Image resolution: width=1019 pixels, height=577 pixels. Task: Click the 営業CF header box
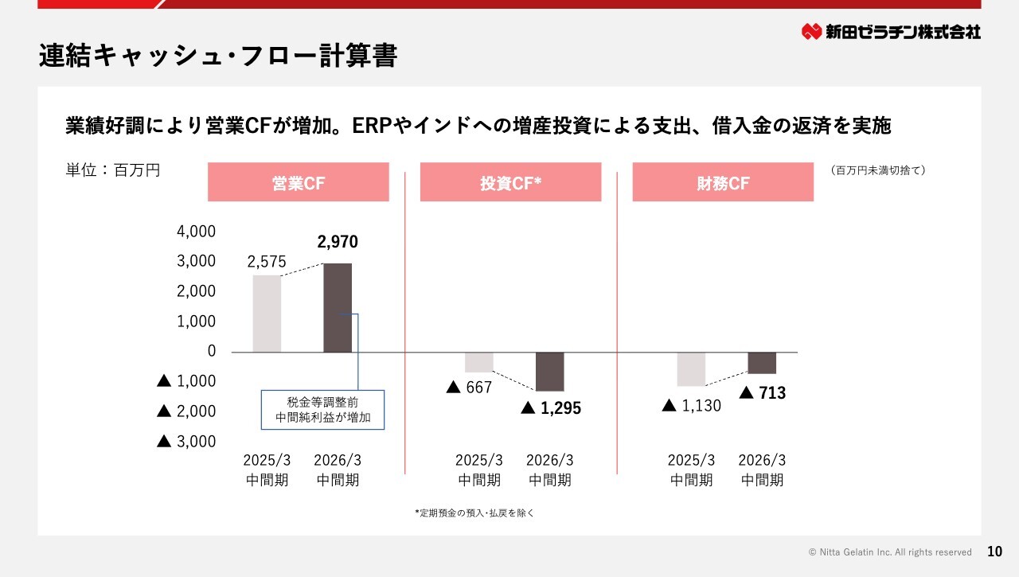coord(298,182)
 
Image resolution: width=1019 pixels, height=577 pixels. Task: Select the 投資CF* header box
coord(510,182)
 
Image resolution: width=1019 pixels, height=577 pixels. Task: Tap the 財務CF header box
coord(723,182)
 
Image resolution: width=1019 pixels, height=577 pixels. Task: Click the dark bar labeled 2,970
coord(338,307)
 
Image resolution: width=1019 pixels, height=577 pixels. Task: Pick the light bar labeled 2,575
coord(267,314)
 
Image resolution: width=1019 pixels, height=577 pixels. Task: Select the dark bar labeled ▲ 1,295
coord(549,371)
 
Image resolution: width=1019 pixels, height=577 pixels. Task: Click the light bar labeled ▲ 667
coord(478,362)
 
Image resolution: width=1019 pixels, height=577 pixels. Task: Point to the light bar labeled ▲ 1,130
coord(691,368)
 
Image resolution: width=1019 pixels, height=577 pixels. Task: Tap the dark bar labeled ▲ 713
coord(762,363)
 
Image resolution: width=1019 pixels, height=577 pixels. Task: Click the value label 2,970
coord(338,243)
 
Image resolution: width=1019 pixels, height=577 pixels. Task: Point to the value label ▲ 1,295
coord(551,408)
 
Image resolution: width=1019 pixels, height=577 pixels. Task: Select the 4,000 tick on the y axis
coord(196,232)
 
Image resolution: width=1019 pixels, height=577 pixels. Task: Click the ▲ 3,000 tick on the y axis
coord(187,441)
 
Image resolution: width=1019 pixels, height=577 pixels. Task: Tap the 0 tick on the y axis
coord(211,351)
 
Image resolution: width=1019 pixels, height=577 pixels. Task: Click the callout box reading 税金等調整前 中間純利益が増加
coord(323,409)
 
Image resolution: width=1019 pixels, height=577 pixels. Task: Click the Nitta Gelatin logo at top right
coord(891,32)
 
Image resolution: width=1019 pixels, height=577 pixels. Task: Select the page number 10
coord(994,552)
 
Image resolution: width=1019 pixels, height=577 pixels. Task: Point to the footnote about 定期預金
coord(474,513)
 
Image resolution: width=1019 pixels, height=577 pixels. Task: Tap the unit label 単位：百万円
coord(113,170)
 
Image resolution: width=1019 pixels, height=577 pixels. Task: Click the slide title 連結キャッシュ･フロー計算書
coord(217,56)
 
